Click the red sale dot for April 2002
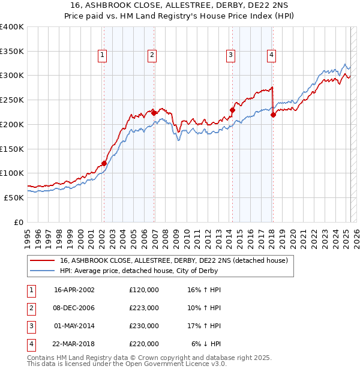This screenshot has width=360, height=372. (104, 163)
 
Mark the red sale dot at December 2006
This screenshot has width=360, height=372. (154, 112)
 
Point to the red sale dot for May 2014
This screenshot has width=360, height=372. (232, 110)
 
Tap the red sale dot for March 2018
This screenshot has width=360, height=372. (273, 115)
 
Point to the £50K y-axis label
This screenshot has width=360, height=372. (14, 197)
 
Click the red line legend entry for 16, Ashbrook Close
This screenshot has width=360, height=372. (174, 260)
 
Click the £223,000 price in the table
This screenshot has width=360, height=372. (144, 308)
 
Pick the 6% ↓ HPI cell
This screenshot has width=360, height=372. (206, 344)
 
